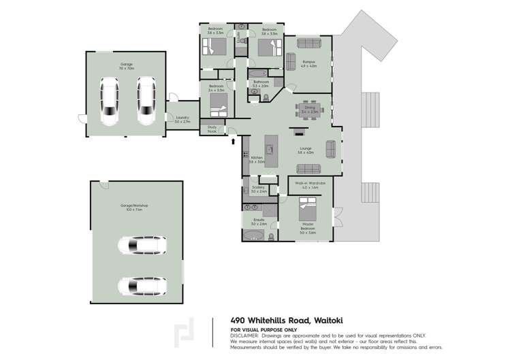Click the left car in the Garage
pos(109,101)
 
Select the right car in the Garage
pos(146,101)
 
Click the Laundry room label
pos(182,119)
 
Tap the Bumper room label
pos(310,65)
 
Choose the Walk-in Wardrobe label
pos(310,184)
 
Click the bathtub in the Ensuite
pos(253,235)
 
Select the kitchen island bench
pos(270,151)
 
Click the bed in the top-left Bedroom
pos(216,47)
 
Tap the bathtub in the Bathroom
pos(259,73)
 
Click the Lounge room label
pos(304,151)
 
